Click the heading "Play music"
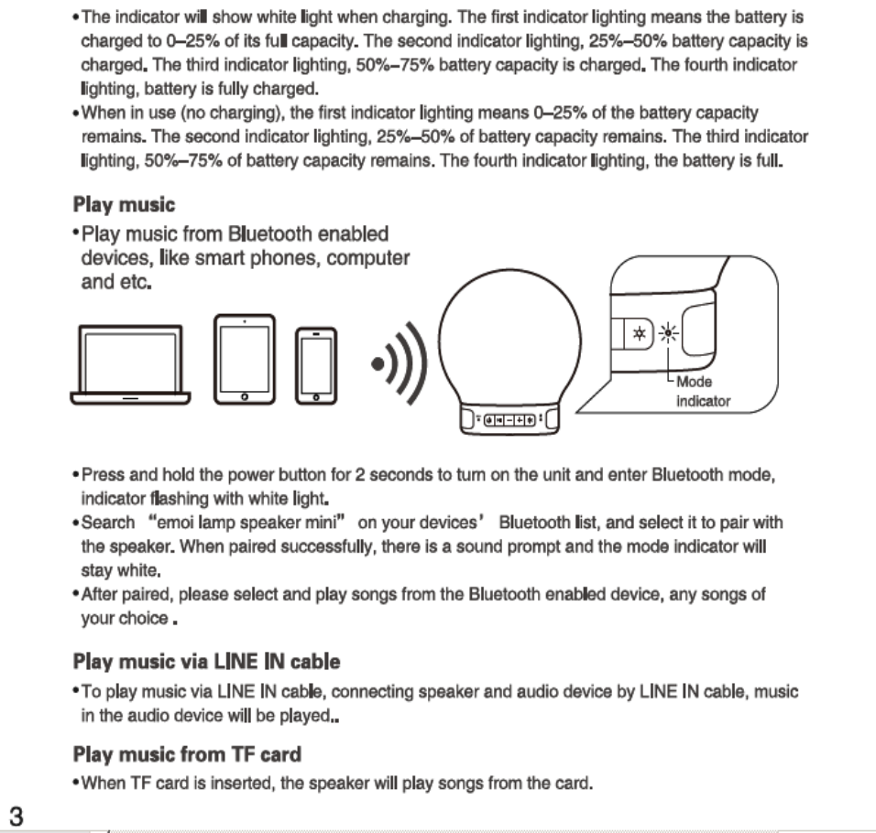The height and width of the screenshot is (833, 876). (123, 204)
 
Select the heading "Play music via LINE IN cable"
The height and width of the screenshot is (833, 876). (205, 661)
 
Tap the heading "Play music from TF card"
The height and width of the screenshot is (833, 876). (186, 755)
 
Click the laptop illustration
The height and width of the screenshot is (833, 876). (130, 364)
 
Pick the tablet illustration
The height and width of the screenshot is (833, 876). (244, 359)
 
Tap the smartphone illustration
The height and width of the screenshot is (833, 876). (315, 365)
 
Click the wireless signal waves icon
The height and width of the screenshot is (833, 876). (400, 364)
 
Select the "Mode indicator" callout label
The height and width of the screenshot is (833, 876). (702, 392)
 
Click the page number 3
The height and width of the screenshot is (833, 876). (16, 814)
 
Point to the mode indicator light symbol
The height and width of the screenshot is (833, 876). (670, 334)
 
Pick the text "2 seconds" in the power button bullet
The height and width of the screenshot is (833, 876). (397, 475)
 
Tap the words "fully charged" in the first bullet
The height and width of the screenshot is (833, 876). (272, 89)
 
